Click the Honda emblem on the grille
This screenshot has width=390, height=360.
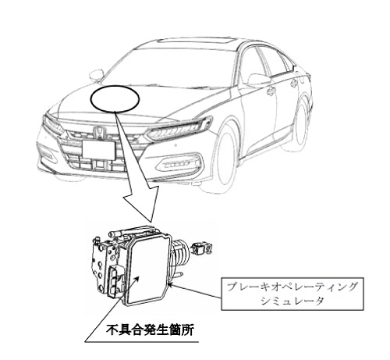pyautogui.click(x=99, y=133)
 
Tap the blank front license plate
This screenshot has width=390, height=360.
pyautogui.click(x=98, y=150)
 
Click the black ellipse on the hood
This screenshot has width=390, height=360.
pyautogui.click(x=115, y=99)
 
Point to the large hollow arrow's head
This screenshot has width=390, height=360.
pyautogui.click(x=141, y=205)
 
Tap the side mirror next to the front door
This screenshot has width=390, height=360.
pyautogui.click(x=257, y=80)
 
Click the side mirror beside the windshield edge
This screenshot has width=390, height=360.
pyautogui.click(x=96, y=75)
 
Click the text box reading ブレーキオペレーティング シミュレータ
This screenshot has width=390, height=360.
pyautogui.click(x=292, y=294)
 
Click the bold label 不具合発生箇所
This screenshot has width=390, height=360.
pyautogui.click(x=150, y=330)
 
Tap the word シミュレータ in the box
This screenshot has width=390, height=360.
pyautogui.click(x=292, y=301)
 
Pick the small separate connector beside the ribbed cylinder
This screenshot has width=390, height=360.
pyautogui.click(x=202, y=248)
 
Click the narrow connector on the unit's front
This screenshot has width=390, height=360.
pyautogui.click(x=114, y=281)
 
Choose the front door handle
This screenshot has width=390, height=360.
pyautogui.click(x=271, y=91)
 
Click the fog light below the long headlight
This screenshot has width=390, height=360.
pyautogui.click(x=179, y=162)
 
